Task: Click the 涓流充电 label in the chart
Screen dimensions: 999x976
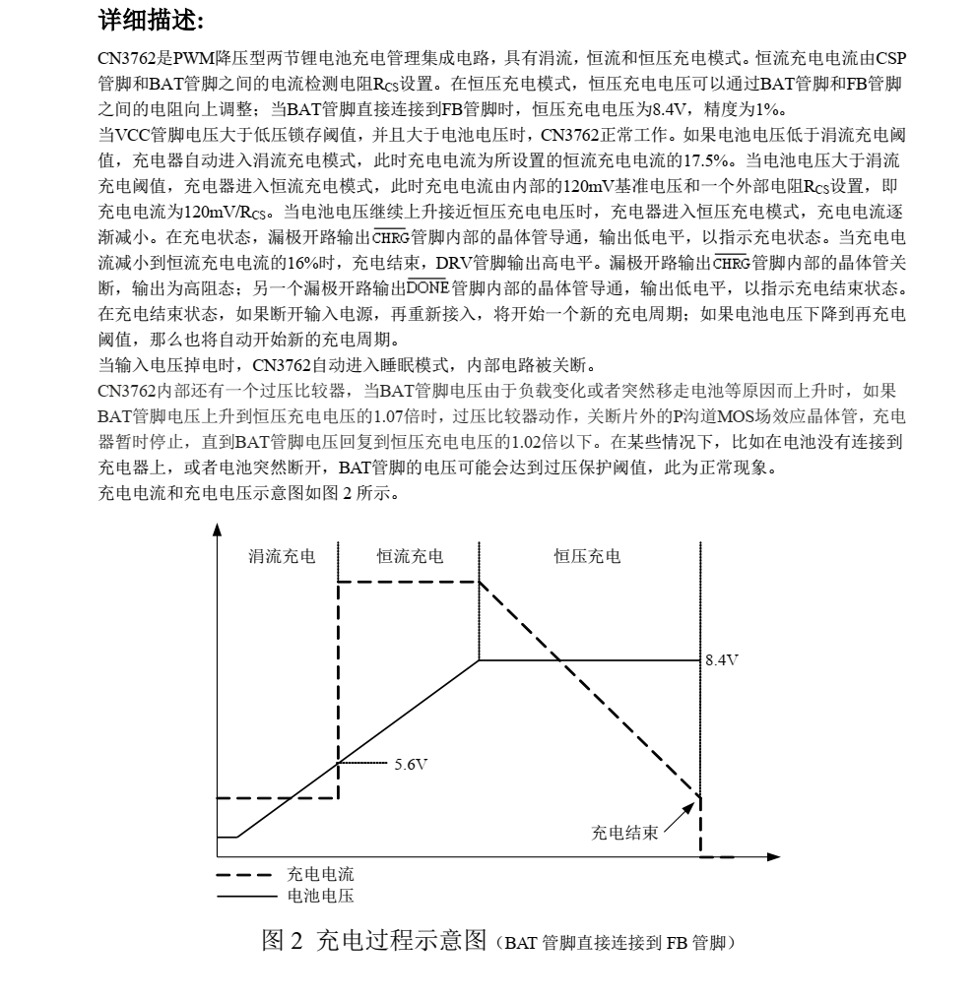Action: [281, 557]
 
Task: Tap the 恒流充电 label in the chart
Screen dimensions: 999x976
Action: [410, 557]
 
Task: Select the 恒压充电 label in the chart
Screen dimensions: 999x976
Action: [587, 557]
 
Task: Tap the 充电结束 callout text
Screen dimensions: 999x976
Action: [624, 833]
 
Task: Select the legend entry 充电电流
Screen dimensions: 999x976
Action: [320, 873]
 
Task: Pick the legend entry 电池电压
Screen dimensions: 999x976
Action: [320, 895]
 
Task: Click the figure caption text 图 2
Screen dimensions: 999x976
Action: [283, 942]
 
